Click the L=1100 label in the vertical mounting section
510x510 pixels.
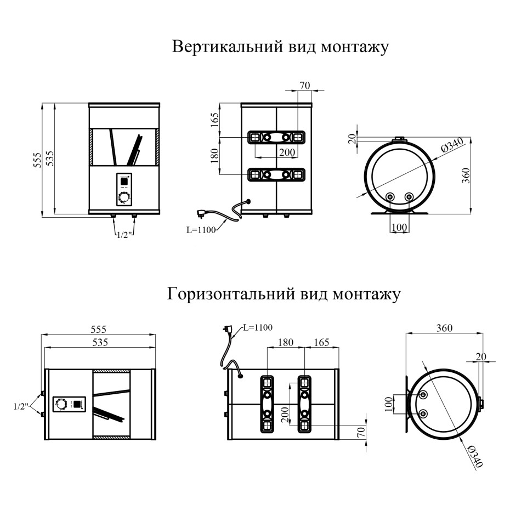pyautogui.click(x=201, y=230)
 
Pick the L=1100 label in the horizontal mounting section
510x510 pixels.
pyautogui.click(x=257, y=328)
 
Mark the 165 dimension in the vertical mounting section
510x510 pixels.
pyautogui.click(x=214, y=119)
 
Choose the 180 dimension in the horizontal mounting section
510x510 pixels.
pyautogui.click(x=286, y=343)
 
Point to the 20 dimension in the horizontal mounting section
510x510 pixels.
pyautogui.click(x=481, y=356)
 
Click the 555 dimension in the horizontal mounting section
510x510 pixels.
pyautogui.click(x=98, y=329)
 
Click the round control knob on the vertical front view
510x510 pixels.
pyautogui.click(x=124, y=197)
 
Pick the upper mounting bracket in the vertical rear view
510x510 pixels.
pyautogui.click(x=276, y=137)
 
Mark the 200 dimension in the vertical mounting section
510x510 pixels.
pyautogui.click(x=287, y=152)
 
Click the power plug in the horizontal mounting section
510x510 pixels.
pyautogui.click(x=226, y=331)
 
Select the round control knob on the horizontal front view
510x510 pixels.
pyautogui.click(x=61, y=405)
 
